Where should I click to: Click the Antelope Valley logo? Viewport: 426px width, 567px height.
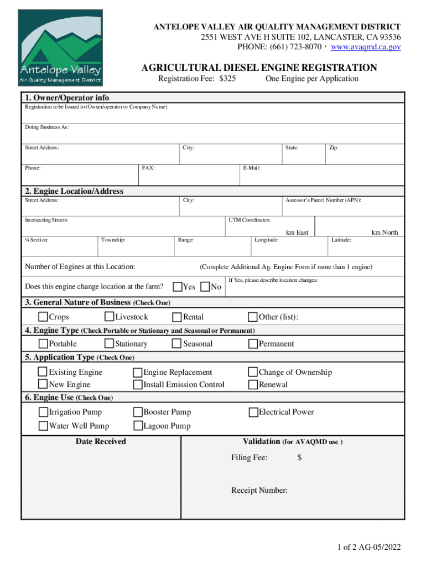click(x=60, y=48)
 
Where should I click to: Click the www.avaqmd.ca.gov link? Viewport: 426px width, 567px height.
click(x=366, y=47)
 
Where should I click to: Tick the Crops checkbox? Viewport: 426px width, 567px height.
click(x=43, y=317)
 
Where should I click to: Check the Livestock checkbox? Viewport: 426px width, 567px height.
click(x=110, y=317)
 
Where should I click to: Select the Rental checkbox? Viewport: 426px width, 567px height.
click(x=177, y=317)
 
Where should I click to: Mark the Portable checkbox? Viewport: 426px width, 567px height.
click(x=43, y=344)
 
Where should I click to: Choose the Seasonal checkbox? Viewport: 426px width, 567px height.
click(x=177, y=344)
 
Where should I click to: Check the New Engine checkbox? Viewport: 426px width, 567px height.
click(x=43, y=384)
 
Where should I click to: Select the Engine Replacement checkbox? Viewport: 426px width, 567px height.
click(x=138, y=373)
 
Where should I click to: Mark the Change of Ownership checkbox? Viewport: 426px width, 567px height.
click(x=253, y=373)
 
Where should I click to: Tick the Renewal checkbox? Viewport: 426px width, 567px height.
click(x=253, y=384)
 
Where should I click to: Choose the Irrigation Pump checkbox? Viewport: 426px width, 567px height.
click(x=43, y=412)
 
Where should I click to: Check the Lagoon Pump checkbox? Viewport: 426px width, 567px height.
click(x=138, y=426)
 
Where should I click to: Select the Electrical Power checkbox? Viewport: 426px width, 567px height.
click(x=253, y=412)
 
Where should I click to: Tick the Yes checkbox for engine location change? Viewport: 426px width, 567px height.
click(x=178, y=287)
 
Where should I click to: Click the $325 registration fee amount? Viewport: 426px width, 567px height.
click(x=227, y=79)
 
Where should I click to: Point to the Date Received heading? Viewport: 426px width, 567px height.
click(x=101, y=441)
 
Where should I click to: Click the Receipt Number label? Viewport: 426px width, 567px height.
click(x=259, y=491)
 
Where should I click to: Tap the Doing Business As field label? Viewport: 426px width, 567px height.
click(x=47, y=127)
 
